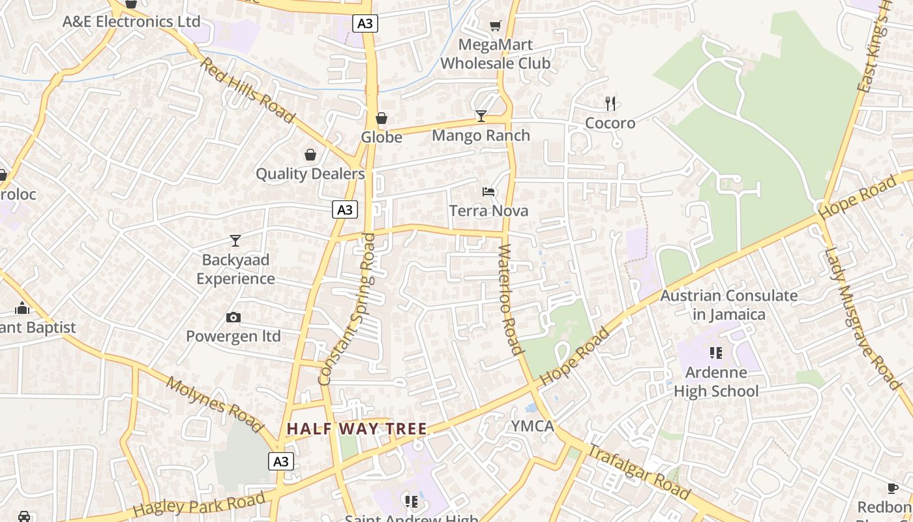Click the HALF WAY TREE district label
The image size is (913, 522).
tap(357, 429)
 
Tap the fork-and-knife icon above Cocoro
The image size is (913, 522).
tap(610, 103)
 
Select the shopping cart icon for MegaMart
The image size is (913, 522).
tap(496, 25)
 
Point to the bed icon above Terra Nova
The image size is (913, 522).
tap(488, 191)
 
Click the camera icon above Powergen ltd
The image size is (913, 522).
tap(233, 318)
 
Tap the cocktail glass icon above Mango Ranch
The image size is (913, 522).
tap(481, 116)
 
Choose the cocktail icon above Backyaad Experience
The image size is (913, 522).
tap(235, 241)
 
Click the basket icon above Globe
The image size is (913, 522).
tap(382, 118)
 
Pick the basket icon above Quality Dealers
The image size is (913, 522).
tap(310, 155)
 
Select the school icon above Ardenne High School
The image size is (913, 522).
tap(716, 353)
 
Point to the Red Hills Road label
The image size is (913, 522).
tap(247, 90)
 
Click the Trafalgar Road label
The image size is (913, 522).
tap(638, 471)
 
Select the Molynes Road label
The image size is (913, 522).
tap(215, 405)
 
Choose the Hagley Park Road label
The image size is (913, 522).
tap(199, 504)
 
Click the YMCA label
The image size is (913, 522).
tap(533, 427)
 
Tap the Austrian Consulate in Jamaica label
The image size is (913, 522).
tap(729, 305)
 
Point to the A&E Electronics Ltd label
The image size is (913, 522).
tap(131, 22)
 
